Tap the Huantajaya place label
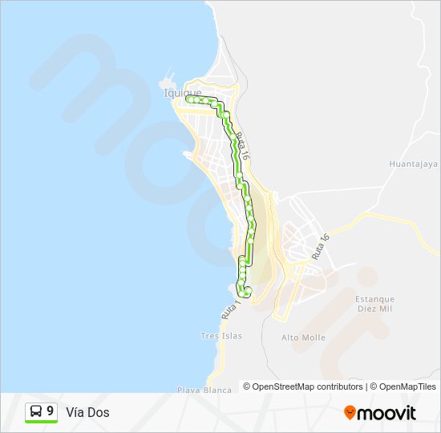pyautogui.click(x=413, y=164)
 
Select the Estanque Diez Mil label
pyautogui.click(x=375, y=303)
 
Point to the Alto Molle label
pyautogui.click(x=303, y=338)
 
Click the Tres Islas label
pyautogui.click(x=221, y=336)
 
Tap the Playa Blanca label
pyautogui.click(x=204, y=390)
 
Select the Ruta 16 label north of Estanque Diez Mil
pyautogui.click(x=322, y=246)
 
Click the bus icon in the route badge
pyautogui.click(x=37, y=411)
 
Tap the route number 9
pyautogui.click(x=51, y=411)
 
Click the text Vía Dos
pyautogui.click(x=88, y=412)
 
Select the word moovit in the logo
pyautogui.click(x=386, y=413)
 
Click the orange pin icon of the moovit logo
pyautogui.click(x=350, y=412)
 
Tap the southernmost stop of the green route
pyautogui.click(x=248, y=293)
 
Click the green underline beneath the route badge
pyautogui.click(x=41, y=423)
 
